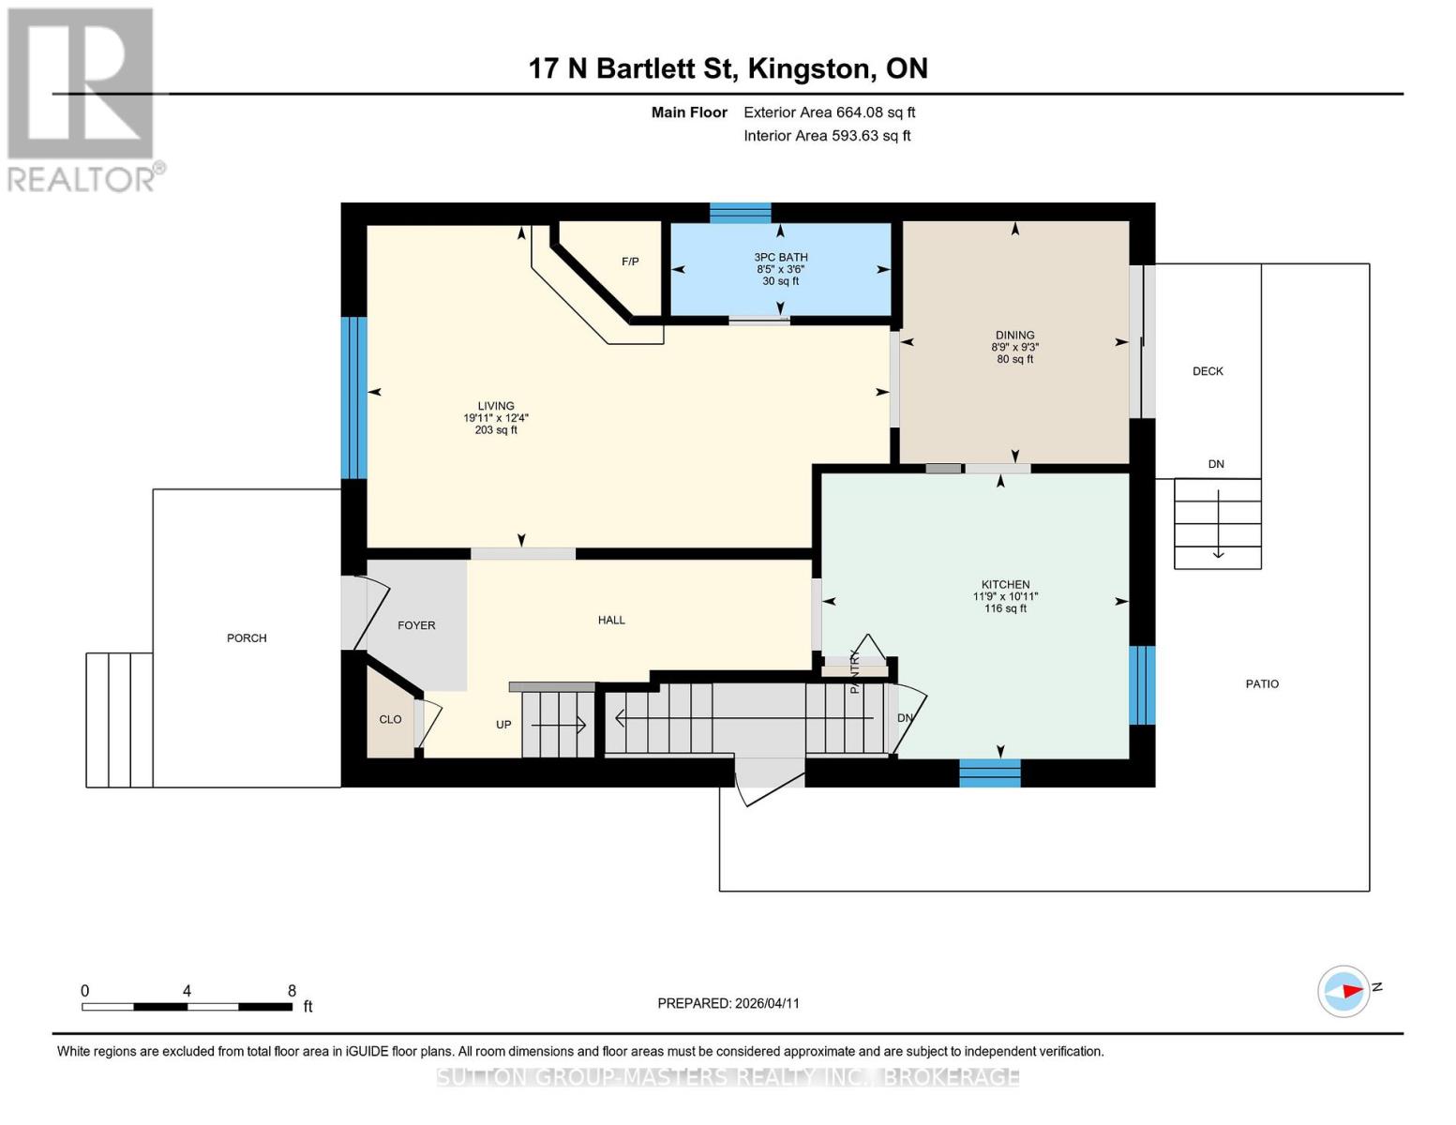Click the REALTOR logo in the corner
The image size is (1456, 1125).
point(85,100)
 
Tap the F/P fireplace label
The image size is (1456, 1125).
point(630,262)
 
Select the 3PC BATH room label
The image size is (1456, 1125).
point(781,257)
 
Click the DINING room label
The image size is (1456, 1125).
point(1014,335)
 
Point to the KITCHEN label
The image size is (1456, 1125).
point(1005,584)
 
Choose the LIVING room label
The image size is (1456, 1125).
point(496,406)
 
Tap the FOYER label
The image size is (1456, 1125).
point(416,625)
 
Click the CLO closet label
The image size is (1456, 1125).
point(390,720)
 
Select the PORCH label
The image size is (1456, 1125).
point(247,637)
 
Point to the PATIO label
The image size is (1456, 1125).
point(1262,684)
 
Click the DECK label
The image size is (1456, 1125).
point(1208,371)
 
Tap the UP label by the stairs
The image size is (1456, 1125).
point(503,725)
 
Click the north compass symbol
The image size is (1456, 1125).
point(1343,992)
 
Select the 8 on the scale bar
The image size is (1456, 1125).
point(292,990)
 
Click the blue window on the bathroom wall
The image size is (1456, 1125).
point(740,213)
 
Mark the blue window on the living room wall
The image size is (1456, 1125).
point(353,397)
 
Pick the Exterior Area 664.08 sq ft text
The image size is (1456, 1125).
point(829,112)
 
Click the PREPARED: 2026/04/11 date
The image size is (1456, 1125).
point(728,1003)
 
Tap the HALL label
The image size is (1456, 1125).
point(611,621)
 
